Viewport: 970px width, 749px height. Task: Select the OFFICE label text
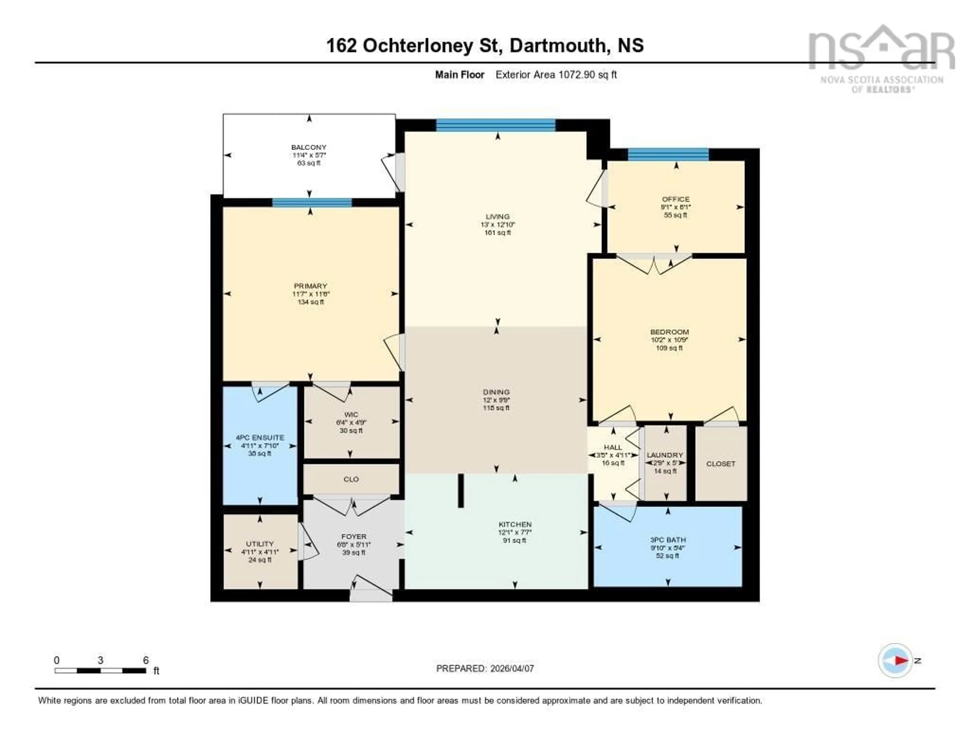pyautogui.click(x=675, y=199)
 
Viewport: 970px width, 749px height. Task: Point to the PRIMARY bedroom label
pyautogui.click(x=310, y=286)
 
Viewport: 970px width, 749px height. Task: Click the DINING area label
pyautogui.click(x=496, y=392)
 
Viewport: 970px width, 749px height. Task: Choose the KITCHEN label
pyautogui.click(x=515, y=524)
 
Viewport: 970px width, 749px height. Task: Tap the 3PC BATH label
pyautogui.click(x=668, y=540)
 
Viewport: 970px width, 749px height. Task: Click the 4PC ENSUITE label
pyautogui.click(x=260, y=437)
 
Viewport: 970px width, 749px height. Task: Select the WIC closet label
pyautogui.click(x=351, y=415)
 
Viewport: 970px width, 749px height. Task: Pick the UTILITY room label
pyautogui.click(x=260, y=544)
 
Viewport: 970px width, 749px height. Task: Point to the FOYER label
pyautogui.click(x=354, y=536)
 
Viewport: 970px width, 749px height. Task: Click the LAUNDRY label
pyautogui.click(x=664, y=455)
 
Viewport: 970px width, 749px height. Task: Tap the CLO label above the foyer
pyautogui.click(x=351, y=480)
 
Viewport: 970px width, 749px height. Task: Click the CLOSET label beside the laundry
pyautogui.click(x=720, y=464)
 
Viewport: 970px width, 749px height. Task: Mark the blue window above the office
pyautogui.click(x=668, y=155)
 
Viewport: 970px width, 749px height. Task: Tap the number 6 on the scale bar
pyautogui.click(x=146, y=660)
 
